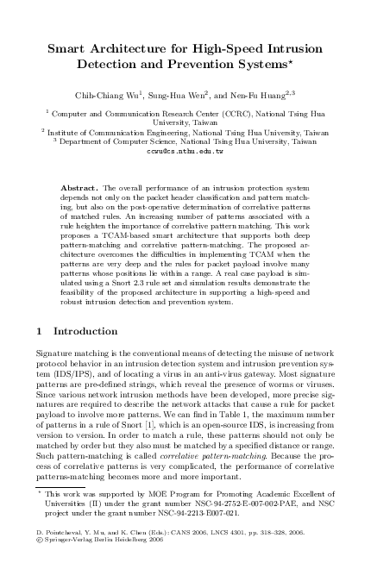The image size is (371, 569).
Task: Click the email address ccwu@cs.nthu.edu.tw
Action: (185, 151)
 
